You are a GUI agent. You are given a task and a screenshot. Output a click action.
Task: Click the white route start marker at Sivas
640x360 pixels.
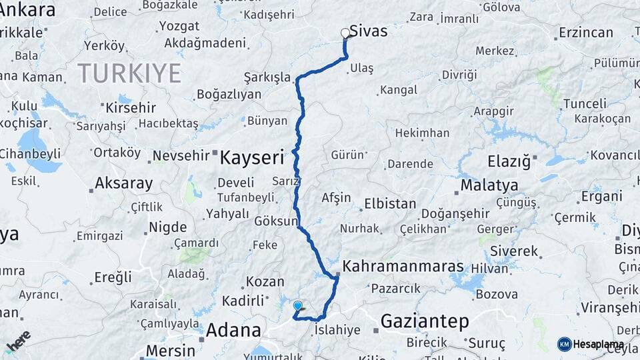(345, 33)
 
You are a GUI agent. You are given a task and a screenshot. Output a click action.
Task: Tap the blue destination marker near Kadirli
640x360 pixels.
(297, 306)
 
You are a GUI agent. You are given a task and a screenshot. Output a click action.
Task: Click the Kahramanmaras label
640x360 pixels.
(402, 267)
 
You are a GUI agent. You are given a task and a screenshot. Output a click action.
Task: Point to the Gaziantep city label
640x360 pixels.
(424, 321)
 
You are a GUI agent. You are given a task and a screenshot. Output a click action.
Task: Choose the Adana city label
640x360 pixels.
(233, 330)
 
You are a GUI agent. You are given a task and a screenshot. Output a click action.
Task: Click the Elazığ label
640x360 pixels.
(509, 161)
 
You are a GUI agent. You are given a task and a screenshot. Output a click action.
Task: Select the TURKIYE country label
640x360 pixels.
(129, 73)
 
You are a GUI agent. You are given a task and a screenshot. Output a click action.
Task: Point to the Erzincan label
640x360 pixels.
(586, 32)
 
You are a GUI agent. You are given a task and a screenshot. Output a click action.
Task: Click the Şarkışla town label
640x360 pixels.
(267, 77)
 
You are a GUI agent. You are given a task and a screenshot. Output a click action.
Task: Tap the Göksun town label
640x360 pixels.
(275, 221)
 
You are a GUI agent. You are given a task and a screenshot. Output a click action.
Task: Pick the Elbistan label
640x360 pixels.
(390, 204)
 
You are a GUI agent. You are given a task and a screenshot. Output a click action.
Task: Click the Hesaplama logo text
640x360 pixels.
(599, 345)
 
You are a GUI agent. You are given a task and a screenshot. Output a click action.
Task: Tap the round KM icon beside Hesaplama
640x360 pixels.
(564, 344)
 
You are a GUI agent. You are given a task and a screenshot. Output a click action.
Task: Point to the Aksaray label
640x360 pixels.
(123, 183)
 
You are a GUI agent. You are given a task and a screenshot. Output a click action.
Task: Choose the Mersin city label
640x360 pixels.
(170, 350)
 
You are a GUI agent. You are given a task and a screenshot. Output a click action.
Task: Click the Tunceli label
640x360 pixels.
(585, 103)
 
